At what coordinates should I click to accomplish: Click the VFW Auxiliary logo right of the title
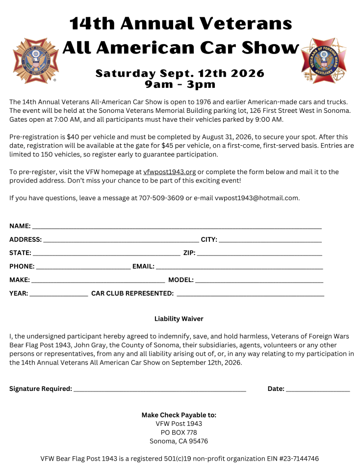click(324, 61)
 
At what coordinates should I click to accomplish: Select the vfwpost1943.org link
click(170, 172)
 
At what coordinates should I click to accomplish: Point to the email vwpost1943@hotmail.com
click(251, 198)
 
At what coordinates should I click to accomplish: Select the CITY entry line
click(270, 241)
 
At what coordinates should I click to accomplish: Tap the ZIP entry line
click(259, 254)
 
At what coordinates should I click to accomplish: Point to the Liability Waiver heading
click(179, 319)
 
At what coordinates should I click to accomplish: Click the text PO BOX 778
click(179, 432)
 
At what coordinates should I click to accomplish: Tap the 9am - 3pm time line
click(180, 84)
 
